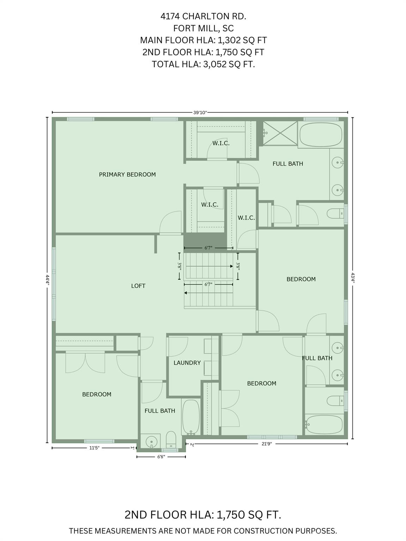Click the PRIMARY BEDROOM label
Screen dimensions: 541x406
[127, 174]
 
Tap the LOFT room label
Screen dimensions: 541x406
[138, 286]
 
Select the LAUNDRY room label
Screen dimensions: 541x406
[187, 362]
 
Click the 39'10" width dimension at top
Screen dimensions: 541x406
[200, 113]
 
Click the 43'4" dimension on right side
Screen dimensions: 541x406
[352, 277]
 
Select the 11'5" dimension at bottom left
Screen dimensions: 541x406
[94, 448]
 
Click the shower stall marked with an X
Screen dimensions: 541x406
[280, 133]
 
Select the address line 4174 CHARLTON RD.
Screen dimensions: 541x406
[203, 16]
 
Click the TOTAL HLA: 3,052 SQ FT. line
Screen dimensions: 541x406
[203, 64]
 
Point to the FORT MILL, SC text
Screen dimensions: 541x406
[203, 28]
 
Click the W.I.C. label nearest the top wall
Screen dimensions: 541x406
[221, 143]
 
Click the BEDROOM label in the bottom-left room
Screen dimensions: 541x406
[97, 394]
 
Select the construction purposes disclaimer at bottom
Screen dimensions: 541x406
[203, 531]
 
